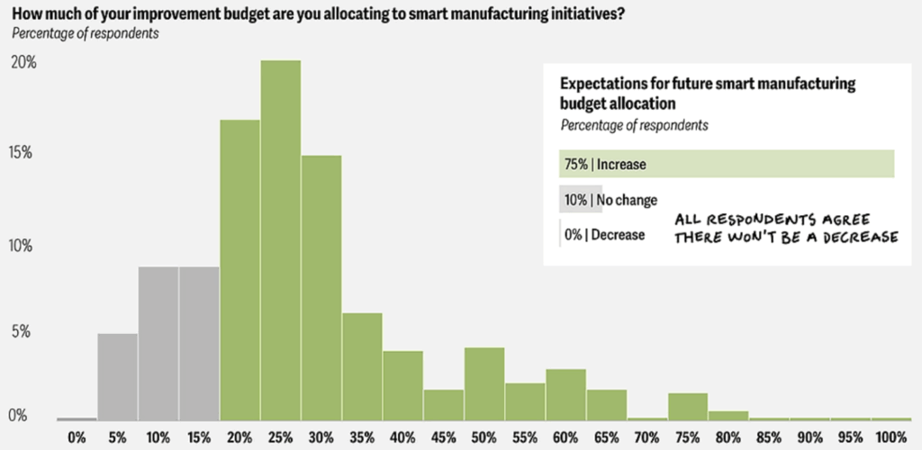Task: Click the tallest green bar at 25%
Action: [x=280, y=239]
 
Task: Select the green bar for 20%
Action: [x=240, y=270]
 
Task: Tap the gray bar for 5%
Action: [x=117, y=376]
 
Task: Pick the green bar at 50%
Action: [x=484, y=383]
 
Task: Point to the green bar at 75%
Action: [x=688, y=406]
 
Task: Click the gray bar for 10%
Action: [x=158, y=343]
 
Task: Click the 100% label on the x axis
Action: [x=890, y=437]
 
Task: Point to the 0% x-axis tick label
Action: [x=77, y=437]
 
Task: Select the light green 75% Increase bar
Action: [x=726, y=164]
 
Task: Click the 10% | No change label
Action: [x=610, y=200]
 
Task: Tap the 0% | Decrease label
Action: [x=605, y=235]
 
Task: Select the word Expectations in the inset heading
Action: [x=602, y=84]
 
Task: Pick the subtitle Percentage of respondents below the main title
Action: [x=85, y=33]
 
